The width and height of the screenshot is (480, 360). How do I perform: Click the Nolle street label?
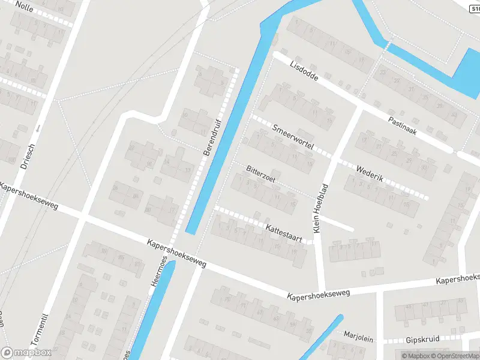(25, 6)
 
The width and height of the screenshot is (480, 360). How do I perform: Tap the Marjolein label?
(359, 337)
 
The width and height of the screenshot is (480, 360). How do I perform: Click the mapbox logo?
(26, 353)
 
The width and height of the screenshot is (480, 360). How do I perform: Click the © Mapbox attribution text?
(416, 356)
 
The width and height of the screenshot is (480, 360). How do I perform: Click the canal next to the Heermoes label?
(150, 312)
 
